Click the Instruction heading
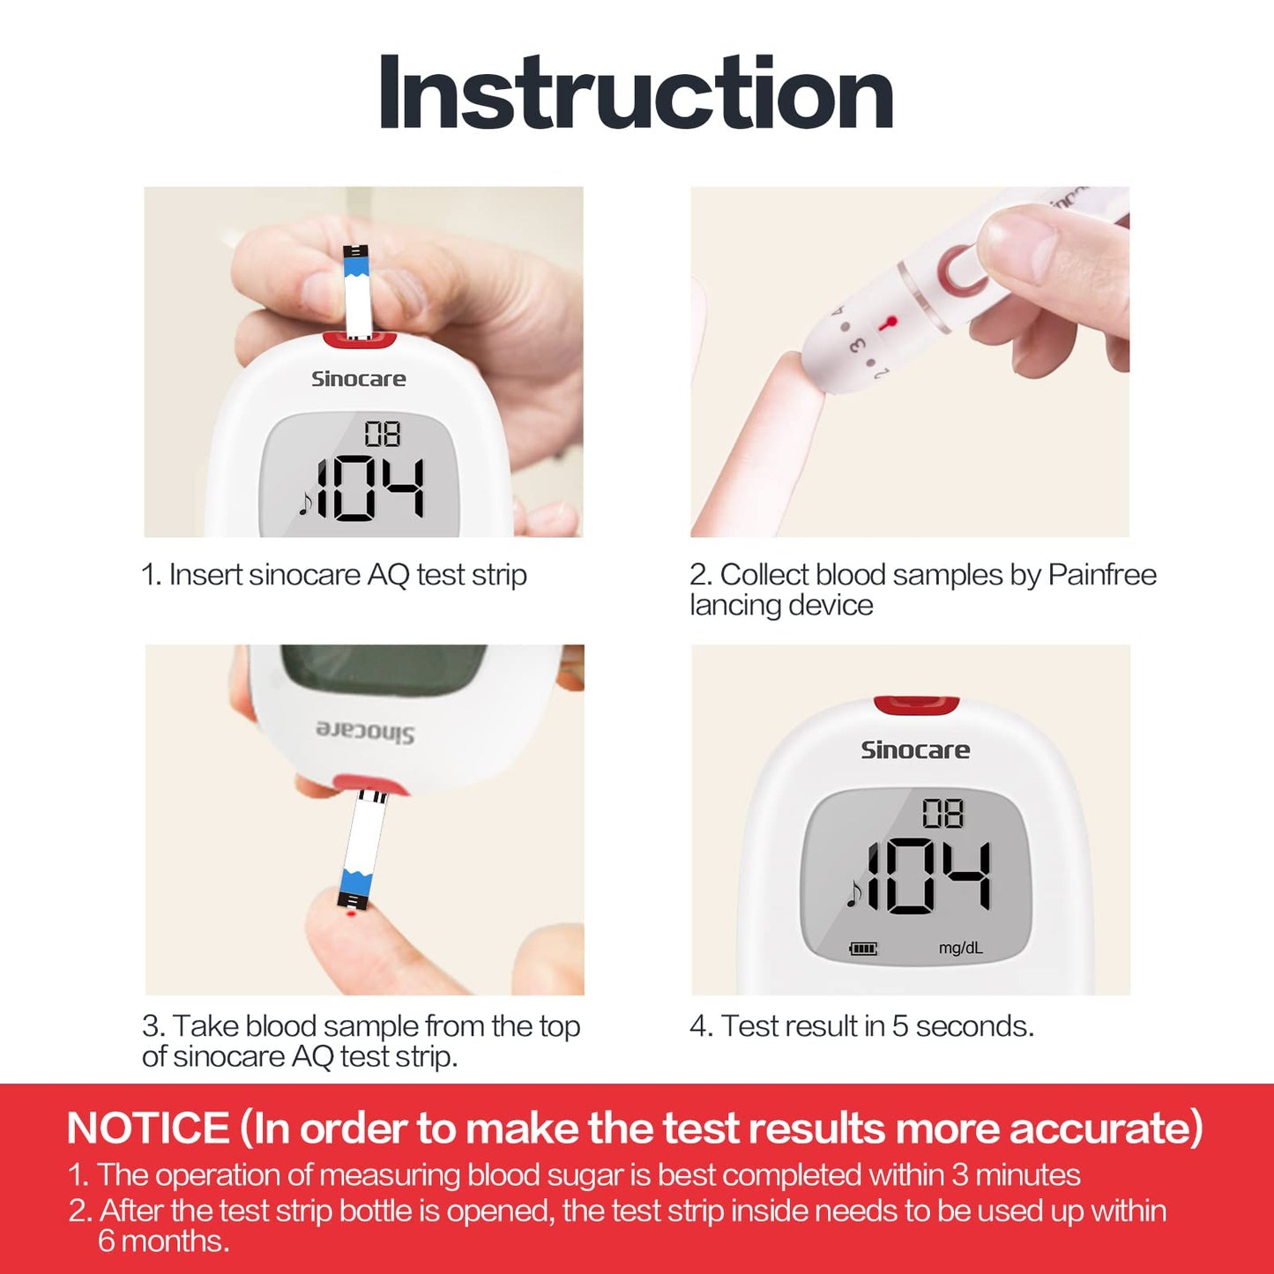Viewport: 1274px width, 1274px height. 636,93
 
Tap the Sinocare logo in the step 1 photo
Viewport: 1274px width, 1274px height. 358,379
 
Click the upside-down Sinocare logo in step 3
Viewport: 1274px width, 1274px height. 365,731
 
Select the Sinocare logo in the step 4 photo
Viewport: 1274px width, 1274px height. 914,750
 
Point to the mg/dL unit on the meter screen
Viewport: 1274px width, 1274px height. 960,948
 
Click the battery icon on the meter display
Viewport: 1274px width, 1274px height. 862,949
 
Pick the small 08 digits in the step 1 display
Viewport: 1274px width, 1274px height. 383,434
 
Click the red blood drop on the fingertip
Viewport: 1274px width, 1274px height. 351,916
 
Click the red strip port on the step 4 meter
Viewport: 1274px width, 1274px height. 916,705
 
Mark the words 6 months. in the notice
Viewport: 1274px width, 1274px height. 163,1241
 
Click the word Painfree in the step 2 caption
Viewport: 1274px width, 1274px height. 1102,575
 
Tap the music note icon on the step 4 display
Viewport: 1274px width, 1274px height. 853,895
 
